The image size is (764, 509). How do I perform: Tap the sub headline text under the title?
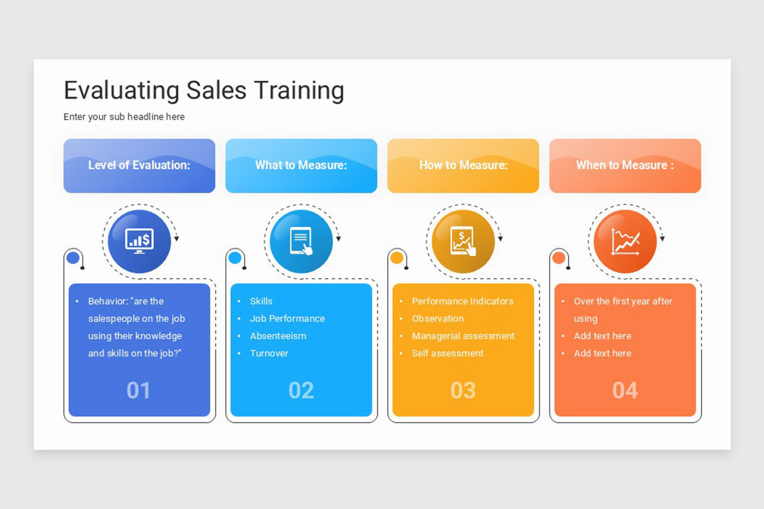pyautogui.click(x=124, y=117)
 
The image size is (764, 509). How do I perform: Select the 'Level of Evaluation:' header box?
pyautogui.click(x=139, y=165)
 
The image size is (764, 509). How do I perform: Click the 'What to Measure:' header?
pyautogui.click(x=301, y=165)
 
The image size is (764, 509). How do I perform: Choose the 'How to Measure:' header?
pyautogui.click(x=463, y=165)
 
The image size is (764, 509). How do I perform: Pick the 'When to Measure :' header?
pyautogui.click(x=625, y=165)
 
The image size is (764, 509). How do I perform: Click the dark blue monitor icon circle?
pyautogui.click(x=139, y=241)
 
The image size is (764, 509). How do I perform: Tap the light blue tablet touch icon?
pyautogui.click(x=301, y=241)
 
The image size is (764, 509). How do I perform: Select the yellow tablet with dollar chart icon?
pyautogui.click(x=463, y=241)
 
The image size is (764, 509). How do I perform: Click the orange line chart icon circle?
pyautogui.click(x=625, y=241)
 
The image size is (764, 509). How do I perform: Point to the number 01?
pyautogui.click(x=139, y=390)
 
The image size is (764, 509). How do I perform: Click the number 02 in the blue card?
pyautogui.click(x=301, y=390)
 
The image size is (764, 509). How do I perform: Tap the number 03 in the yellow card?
pyautogui.click(x=463, y=390)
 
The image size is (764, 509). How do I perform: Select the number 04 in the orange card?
pyautogui.click(x=625, y=390)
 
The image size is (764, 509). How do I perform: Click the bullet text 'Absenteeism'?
pyautogui.click(x=278, y=336)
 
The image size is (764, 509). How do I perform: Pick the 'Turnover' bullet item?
pyautogui.click(x=269, y=353)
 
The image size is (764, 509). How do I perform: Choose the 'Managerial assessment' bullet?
pyautogui.click(x=463, y=336)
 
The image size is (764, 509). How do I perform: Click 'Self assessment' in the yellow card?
pyautogui.click(x=448, y=353)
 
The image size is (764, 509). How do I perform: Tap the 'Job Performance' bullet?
pyautogui.click(x=287, y=319)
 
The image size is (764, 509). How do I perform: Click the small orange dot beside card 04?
pyautogui.click(x=558, y=258)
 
